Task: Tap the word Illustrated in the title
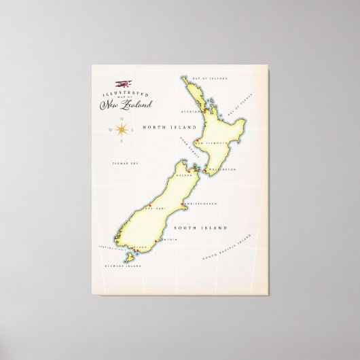(x=121, y=89)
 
